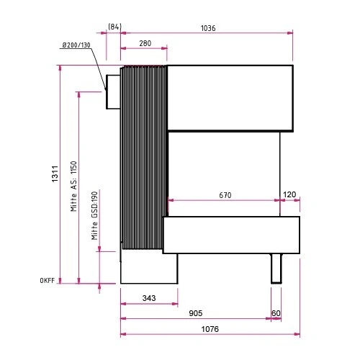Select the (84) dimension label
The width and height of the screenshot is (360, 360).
coord(114,28)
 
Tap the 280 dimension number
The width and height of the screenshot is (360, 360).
coord(145,44)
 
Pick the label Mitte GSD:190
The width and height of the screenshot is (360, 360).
coord(94,215)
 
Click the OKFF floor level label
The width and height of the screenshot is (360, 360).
coord(48,281)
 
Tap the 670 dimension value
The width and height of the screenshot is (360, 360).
coord(224,194)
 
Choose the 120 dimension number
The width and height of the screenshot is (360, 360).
coord(290,194)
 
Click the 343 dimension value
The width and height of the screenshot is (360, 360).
coord(149,297)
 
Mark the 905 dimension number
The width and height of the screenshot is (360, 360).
coord(196,313)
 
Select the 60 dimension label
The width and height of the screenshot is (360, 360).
coord(276,313)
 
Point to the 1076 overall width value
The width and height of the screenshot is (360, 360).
coord(210,329)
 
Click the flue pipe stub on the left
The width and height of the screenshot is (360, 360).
coord(113,91)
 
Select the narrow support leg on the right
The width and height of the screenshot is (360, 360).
coord(277,268)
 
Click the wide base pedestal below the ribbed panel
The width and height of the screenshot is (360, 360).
coord(148,268)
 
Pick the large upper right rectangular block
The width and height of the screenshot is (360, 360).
coord(230,98)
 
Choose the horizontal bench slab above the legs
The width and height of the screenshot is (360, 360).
coord(231,234)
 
